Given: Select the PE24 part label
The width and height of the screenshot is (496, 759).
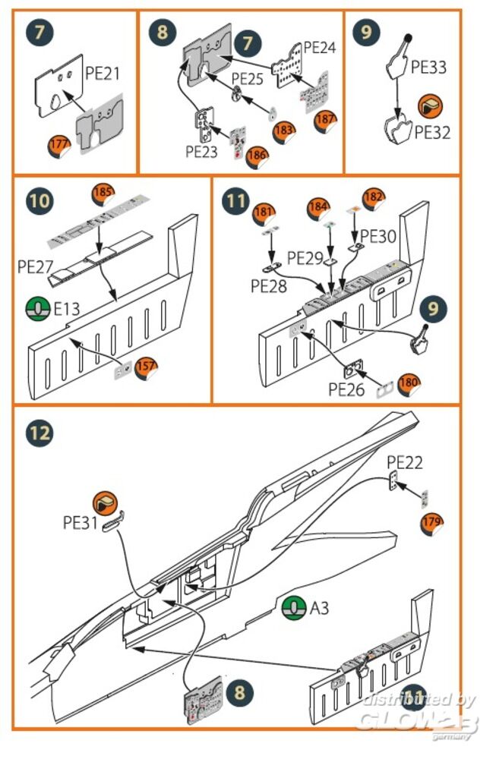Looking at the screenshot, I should (320, 47).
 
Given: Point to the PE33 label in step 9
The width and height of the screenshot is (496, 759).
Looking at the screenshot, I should (428, 68).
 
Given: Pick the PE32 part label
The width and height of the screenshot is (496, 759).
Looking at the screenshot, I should (432, 132).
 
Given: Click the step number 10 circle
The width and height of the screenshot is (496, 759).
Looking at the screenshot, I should (41, 201).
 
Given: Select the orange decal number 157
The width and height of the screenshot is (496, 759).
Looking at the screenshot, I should (146, 367).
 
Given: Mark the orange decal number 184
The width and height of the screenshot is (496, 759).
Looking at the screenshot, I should (319, 207).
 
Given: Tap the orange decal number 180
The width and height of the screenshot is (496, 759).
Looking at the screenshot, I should (409, 383).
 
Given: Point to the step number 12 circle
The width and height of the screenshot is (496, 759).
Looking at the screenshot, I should (41, 432).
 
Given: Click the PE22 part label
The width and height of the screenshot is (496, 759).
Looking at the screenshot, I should (404, 462).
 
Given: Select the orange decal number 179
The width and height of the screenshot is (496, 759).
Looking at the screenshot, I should (431, 523).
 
